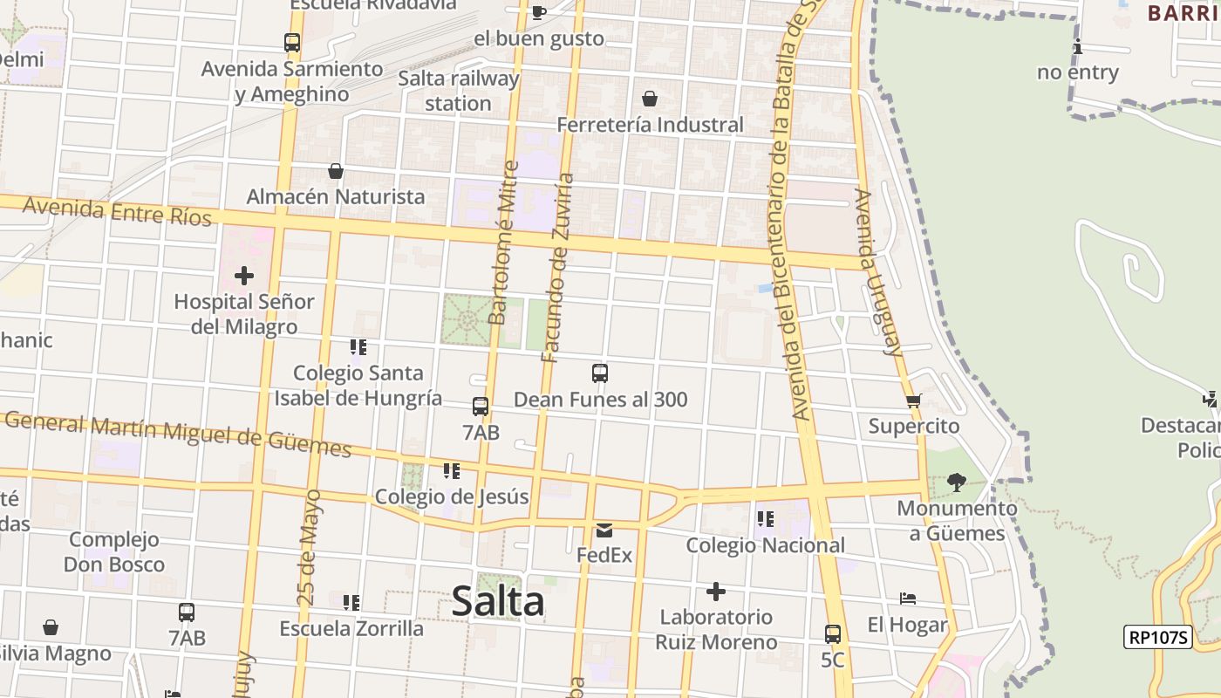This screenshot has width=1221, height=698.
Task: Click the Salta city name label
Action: pyautogui.click(x=498, y=602)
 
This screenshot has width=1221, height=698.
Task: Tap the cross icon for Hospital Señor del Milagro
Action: pyautogui.click(x=244, y=277)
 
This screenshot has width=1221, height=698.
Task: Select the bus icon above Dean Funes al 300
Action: pyautogui.click(x=600, y=373)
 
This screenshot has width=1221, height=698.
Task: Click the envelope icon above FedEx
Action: pyautogui.click(x=604, y=530)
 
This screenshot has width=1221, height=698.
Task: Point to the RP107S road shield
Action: pyautogui.click(x=1158, y=638)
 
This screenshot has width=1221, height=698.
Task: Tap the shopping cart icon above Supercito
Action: pyautogui.click(x=913, y=400)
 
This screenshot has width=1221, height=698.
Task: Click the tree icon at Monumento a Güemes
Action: pyautogui.click(x=957, y=482)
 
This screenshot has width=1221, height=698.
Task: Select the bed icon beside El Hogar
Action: pyautogui.click(x=908, y=599)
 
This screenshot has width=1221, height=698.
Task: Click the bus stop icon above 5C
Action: pyautogui.click(x=833, y=634)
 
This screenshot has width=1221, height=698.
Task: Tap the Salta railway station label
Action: pyautogui.click(x=459, y=91)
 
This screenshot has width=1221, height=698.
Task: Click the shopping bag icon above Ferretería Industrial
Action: pyautogui.click(x=650, y=99)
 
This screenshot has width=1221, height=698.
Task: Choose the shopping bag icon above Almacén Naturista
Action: pyautogui.click(x=336, y=171)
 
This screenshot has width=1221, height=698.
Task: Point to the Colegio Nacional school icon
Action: pyautogui.click(x=766, y=519)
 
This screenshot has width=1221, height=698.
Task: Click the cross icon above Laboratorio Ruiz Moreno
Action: pyautogui.click(x=716, y=592)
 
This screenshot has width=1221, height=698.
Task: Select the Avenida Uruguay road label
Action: pyautogui.click(x=878, y=272)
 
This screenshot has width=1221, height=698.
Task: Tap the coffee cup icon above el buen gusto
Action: pyautogui.click(x=538, y=12)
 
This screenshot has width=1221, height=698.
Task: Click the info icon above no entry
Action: pyautogui.click(x=1078, y=46)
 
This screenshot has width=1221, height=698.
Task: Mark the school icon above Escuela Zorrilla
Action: pyautogui.click(x=351, y=602)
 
